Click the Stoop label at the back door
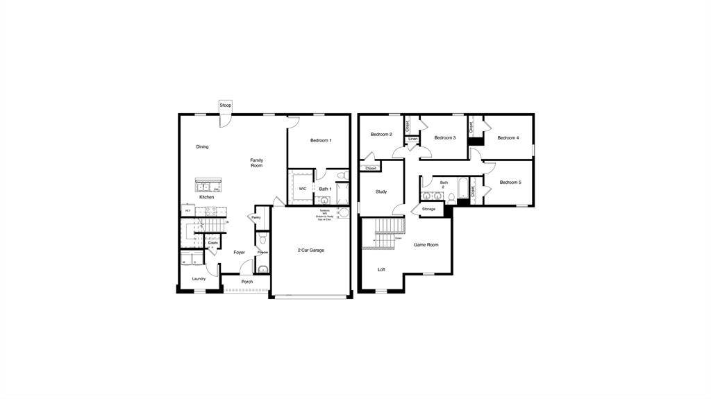click(226, 105)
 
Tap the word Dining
click(202, 147)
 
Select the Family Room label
click(257, 163)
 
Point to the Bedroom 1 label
click(321, 141)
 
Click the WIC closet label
click(303, 189)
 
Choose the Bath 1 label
click(325, 189)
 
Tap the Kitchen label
click(207, 197)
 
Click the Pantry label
click(256, 218)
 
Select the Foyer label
click(239, 253)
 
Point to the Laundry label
click(199, 279)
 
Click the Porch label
click(247, 282)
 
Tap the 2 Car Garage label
click(311, 251)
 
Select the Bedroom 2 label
click(381, 135)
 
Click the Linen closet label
click(413, 139)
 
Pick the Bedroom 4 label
click(508, 138)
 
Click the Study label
click(381, 192)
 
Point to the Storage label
click(428, 209)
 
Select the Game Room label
click(426, 245)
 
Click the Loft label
click(381, 269)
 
